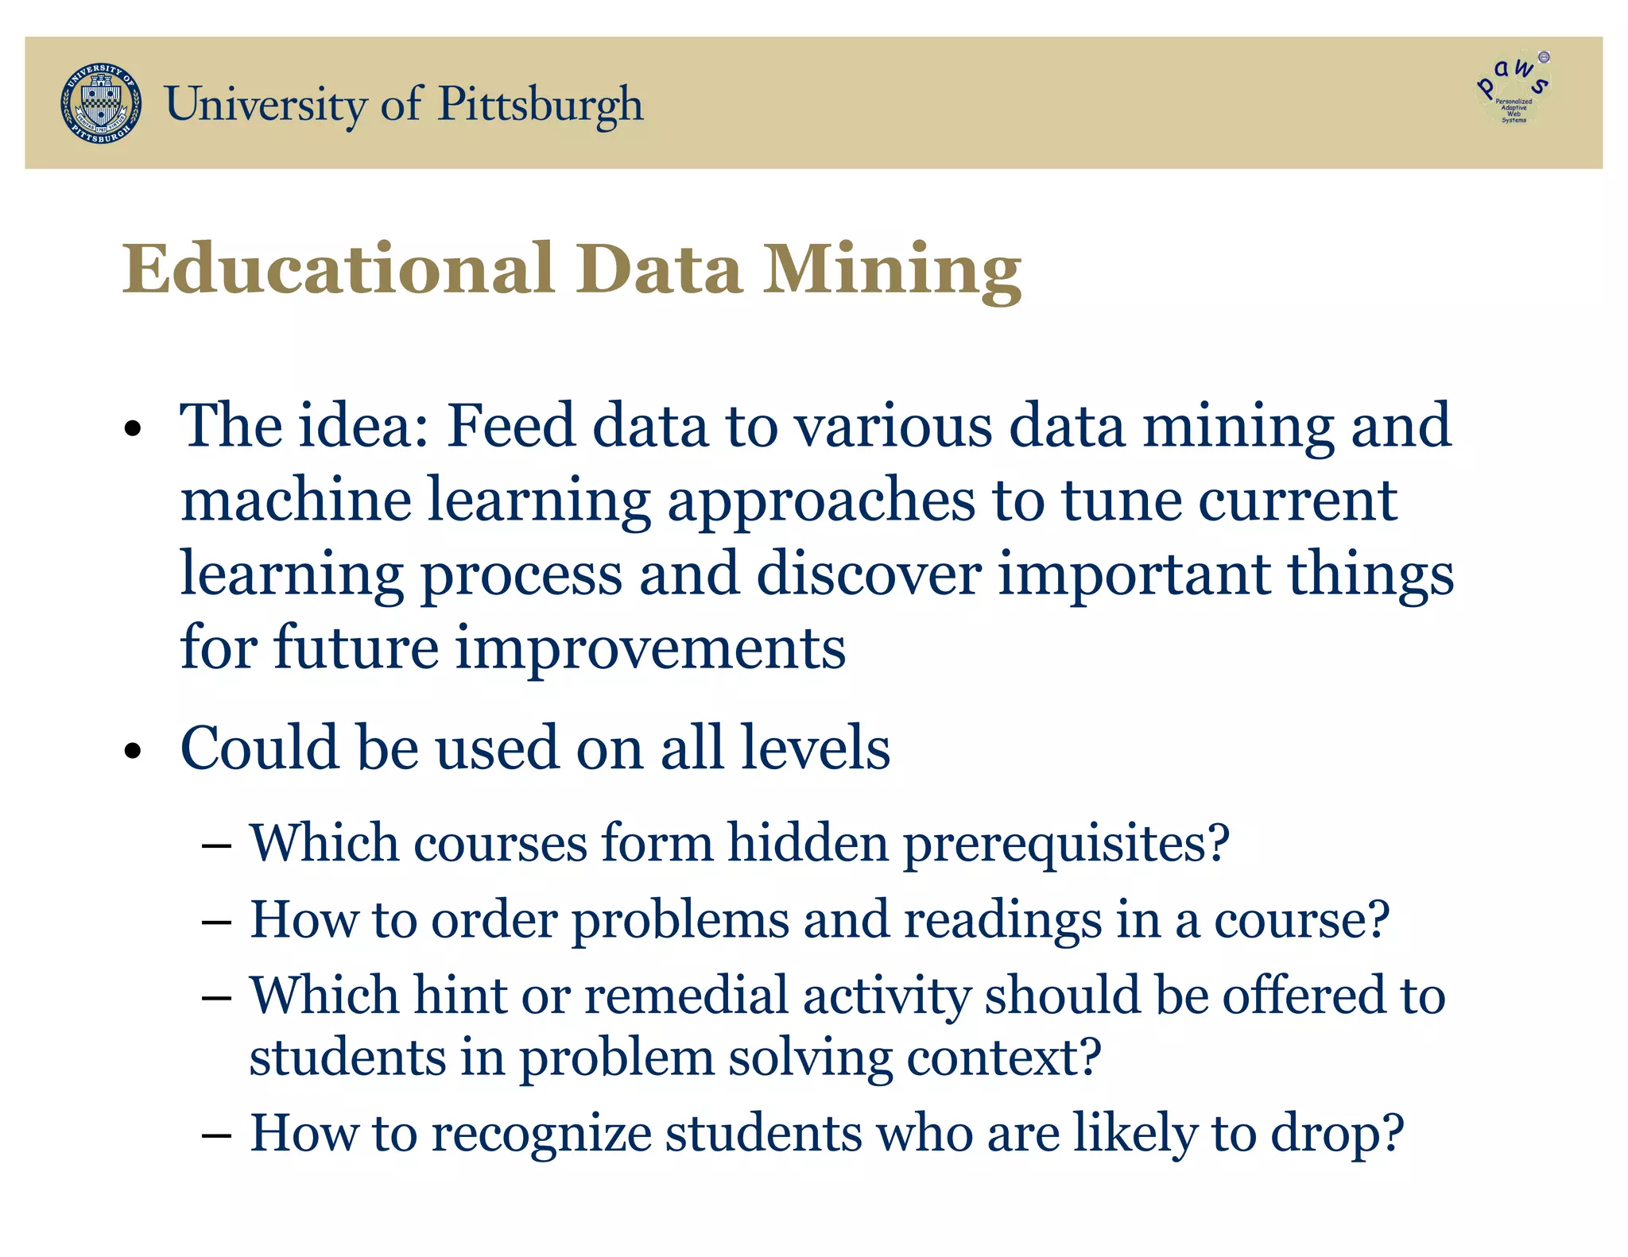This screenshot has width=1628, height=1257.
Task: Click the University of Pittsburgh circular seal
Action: [x=101, y=103]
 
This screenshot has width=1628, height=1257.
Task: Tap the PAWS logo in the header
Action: [x=1514, y=88]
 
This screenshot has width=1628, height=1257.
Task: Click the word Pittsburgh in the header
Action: [x=541, y=105]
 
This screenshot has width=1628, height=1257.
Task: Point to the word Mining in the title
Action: [x=892, y=270]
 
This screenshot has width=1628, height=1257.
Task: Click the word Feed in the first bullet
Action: [x=510, y=426]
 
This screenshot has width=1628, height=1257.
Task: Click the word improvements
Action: [x=650, y=648]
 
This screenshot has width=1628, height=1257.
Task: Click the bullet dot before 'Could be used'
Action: [x=133, y=751]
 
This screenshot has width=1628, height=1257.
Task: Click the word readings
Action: [x=1002, y=920]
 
